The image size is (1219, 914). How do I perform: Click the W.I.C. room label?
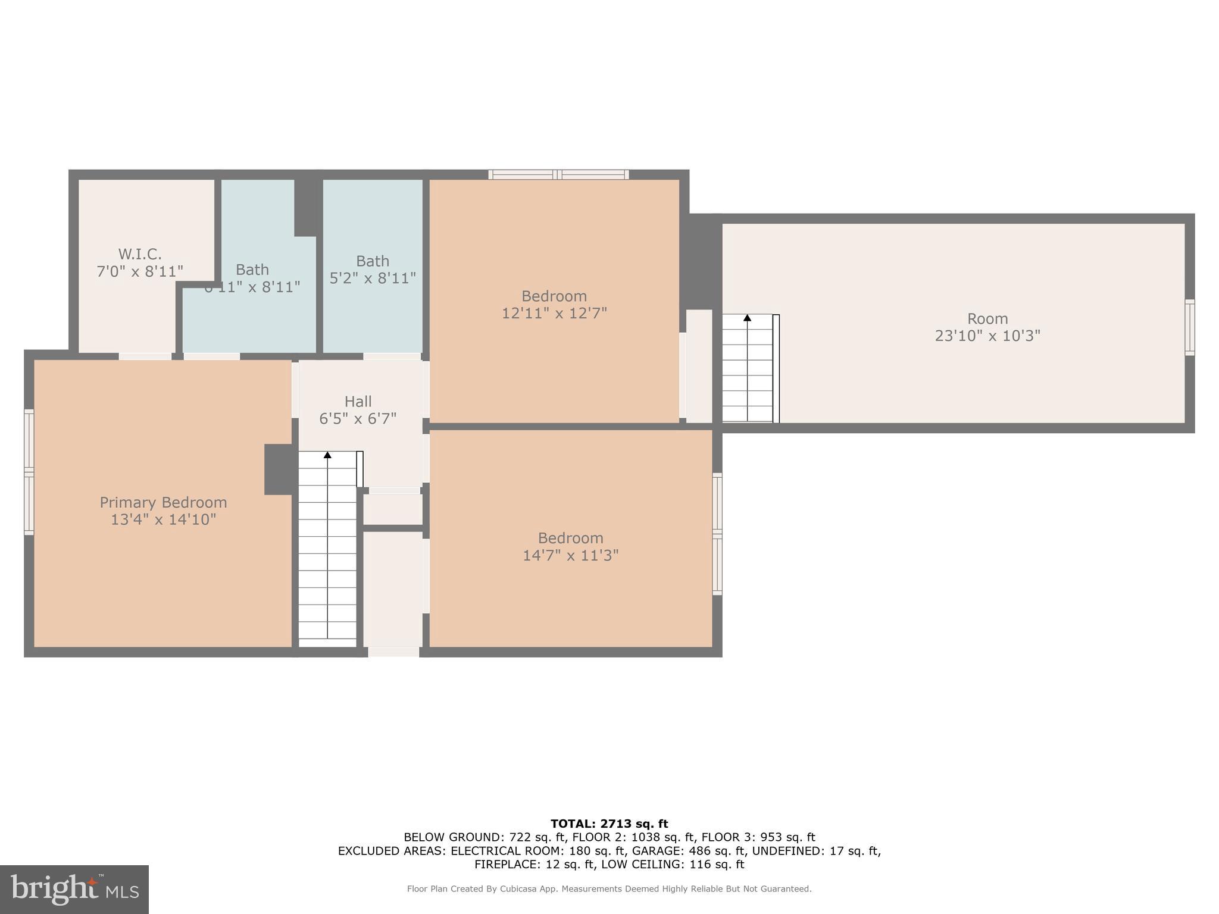pyautogui.click(x=140, y=254)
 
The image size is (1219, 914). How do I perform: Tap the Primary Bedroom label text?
pyautogui.click(x=163, y=502)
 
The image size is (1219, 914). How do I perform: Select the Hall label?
pyautogui.click(x=358, y=401)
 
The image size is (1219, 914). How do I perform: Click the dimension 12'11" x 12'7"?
pyautogui.click(x=554, y=313)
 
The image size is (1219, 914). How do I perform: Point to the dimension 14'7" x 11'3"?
pyautogui.click(x=570, y=555)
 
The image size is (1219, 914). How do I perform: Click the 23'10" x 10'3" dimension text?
pyautogui.click(x=987, y=336)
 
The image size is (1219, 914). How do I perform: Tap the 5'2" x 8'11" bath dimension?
pyautogui.click(x=373, y=278)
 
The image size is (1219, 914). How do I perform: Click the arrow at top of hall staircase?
pyautogui.click(x=327, y=455)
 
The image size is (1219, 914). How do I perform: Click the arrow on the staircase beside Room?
pyautogui.click(x=747, y=318)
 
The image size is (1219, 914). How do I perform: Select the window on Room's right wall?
pyautogui.click(x=1189, y=328)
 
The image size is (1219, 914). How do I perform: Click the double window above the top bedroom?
pyautogui.click(x=558, y=174)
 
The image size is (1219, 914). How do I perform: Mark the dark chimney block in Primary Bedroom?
pyautogui.click(x=278, y=469)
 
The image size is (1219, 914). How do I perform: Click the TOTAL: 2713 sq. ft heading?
pyautogui.click(x=609, y=824)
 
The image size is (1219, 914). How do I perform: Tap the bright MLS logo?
pyautogui.click(x=74, y=889)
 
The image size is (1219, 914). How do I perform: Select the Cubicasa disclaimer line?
pyautogui.click(x=609, y=889)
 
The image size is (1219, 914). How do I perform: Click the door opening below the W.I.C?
pyautogui.click(x=145, y=356)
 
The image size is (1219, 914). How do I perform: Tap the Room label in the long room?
pyautogui.click(x=987, y=318)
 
